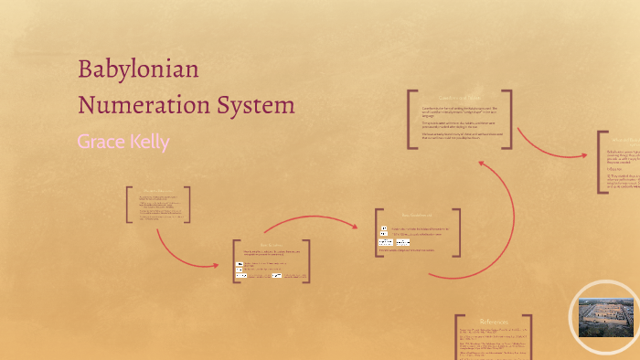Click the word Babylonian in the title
138,70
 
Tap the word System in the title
253,104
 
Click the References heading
494,321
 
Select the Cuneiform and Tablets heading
460,98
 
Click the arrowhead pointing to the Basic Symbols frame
216,265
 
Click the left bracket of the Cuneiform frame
411,119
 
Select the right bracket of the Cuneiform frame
508,119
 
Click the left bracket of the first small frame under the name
129,205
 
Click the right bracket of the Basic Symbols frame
307,261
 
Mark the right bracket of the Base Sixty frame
458,232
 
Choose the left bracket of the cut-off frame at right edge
600,162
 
